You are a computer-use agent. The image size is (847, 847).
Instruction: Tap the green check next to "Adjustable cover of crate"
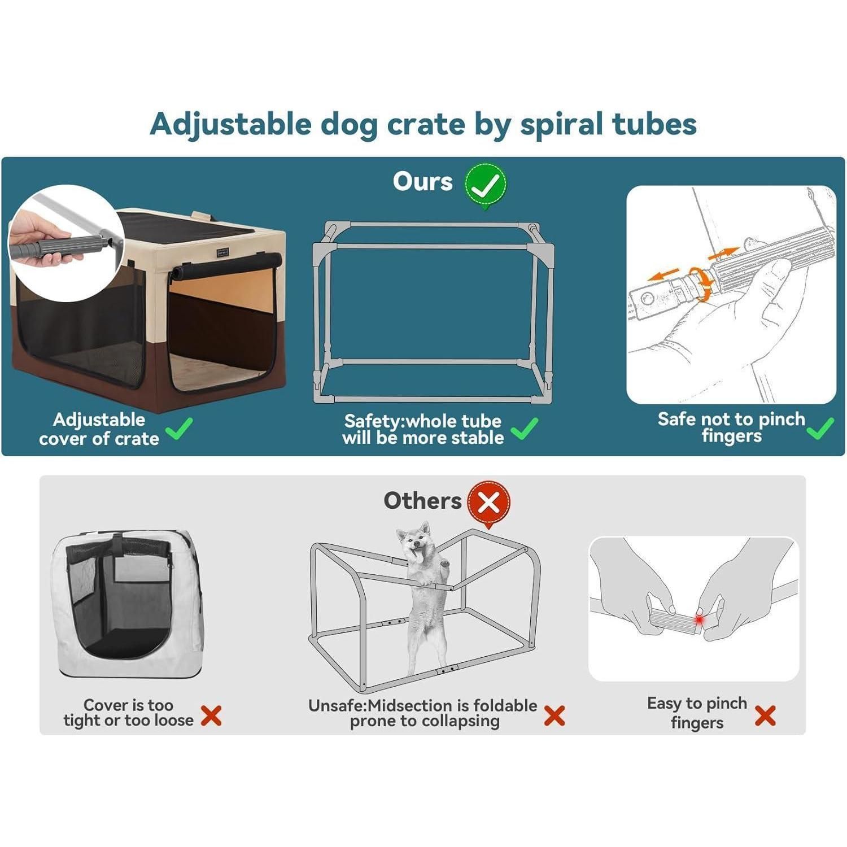tap(180, 429)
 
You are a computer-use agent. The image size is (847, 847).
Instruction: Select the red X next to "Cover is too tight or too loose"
tap(211, 716)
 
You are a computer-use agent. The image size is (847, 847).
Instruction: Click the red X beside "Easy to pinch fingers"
tap(765, 716)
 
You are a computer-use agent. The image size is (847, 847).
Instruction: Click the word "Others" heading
tap(422, 500)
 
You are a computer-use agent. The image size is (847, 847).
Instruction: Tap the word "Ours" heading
tap(422, 182)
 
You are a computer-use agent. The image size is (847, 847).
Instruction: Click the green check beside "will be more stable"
tap(524, 429)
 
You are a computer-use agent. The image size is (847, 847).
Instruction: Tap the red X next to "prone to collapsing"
tap(555, 716)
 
